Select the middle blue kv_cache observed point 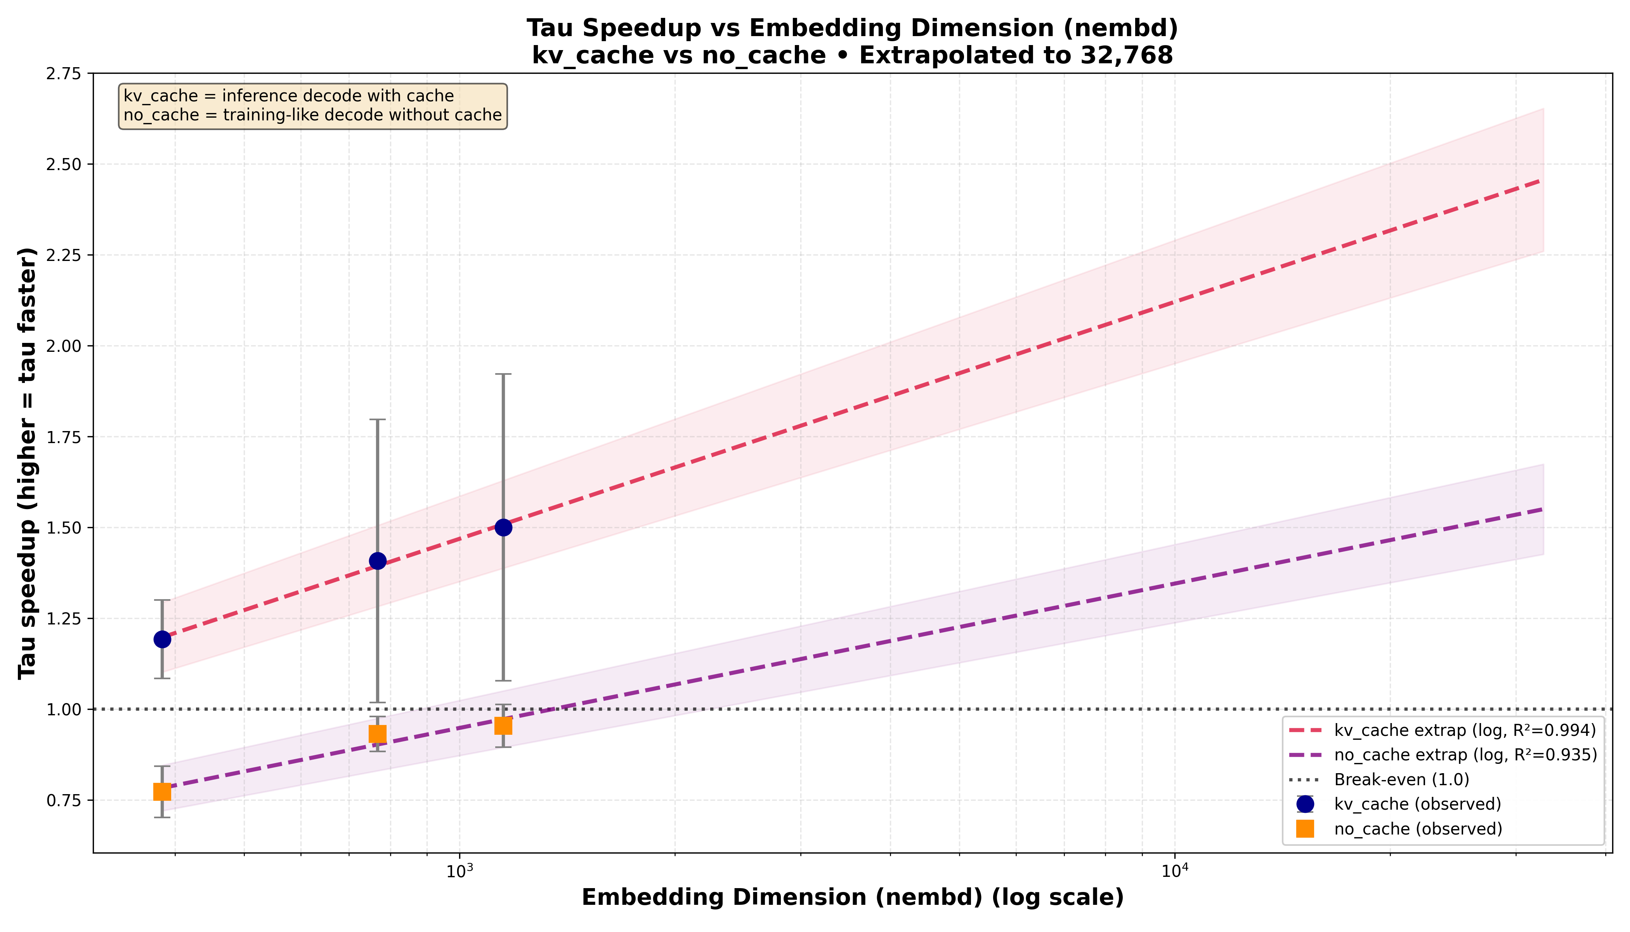pos(378,561)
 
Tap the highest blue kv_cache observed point pos(503,527)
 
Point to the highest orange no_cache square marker pos(503,725)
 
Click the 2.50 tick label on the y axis pos(64,165)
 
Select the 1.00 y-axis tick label pos(64,709)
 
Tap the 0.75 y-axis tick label pos(64,800)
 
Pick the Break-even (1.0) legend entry pos(1401,780)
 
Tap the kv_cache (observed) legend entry pos(1417,804)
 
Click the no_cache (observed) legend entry pos(1417,829)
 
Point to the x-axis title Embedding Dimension pos(852,897)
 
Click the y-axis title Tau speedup pos(27,463)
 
